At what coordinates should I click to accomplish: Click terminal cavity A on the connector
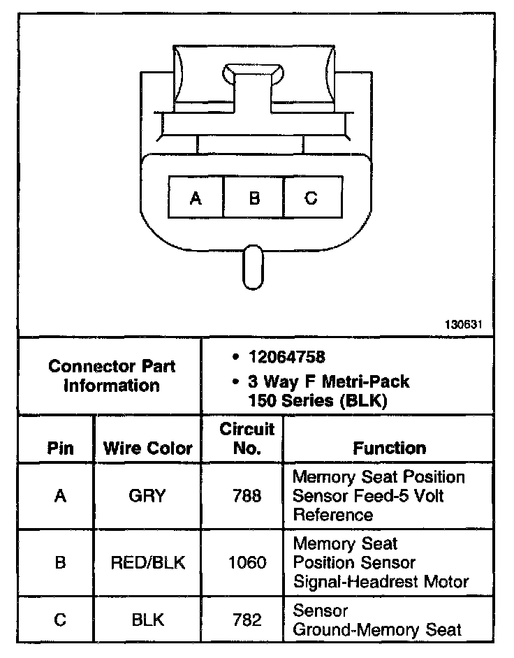(x=196, y=198)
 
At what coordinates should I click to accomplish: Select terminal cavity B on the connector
(x=254, y=198)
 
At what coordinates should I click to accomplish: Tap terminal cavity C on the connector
(x=312, y=198)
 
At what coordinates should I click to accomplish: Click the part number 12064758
(x=286, y=358)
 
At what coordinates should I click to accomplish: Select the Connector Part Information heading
(x=112, y=376)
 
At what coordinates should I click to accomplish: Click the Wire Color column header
(x=147, y=448)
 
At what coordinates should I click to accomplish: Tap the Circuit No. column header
(x=247, y=438)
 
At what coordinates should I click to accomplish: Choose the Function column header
(x=389, y=448)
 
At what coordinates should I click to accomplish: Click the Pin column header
(x=60, y=448)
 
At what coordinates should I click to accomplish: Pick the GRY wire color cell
(x=147, y=496)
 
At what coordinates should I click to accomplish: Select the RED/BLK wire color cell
(x=147, y=562)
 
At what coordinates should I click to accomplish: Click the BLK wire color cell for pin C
(x=147, y=620)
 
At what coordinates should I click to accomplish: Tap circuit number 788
(x=247, y=496)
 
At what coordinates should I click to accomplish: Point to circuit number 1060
(x=247, y=562)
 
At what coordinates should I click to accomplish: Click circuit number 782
(x=247, y=620)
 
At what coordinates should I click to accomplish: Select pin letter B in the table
(x=60, y=562)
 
